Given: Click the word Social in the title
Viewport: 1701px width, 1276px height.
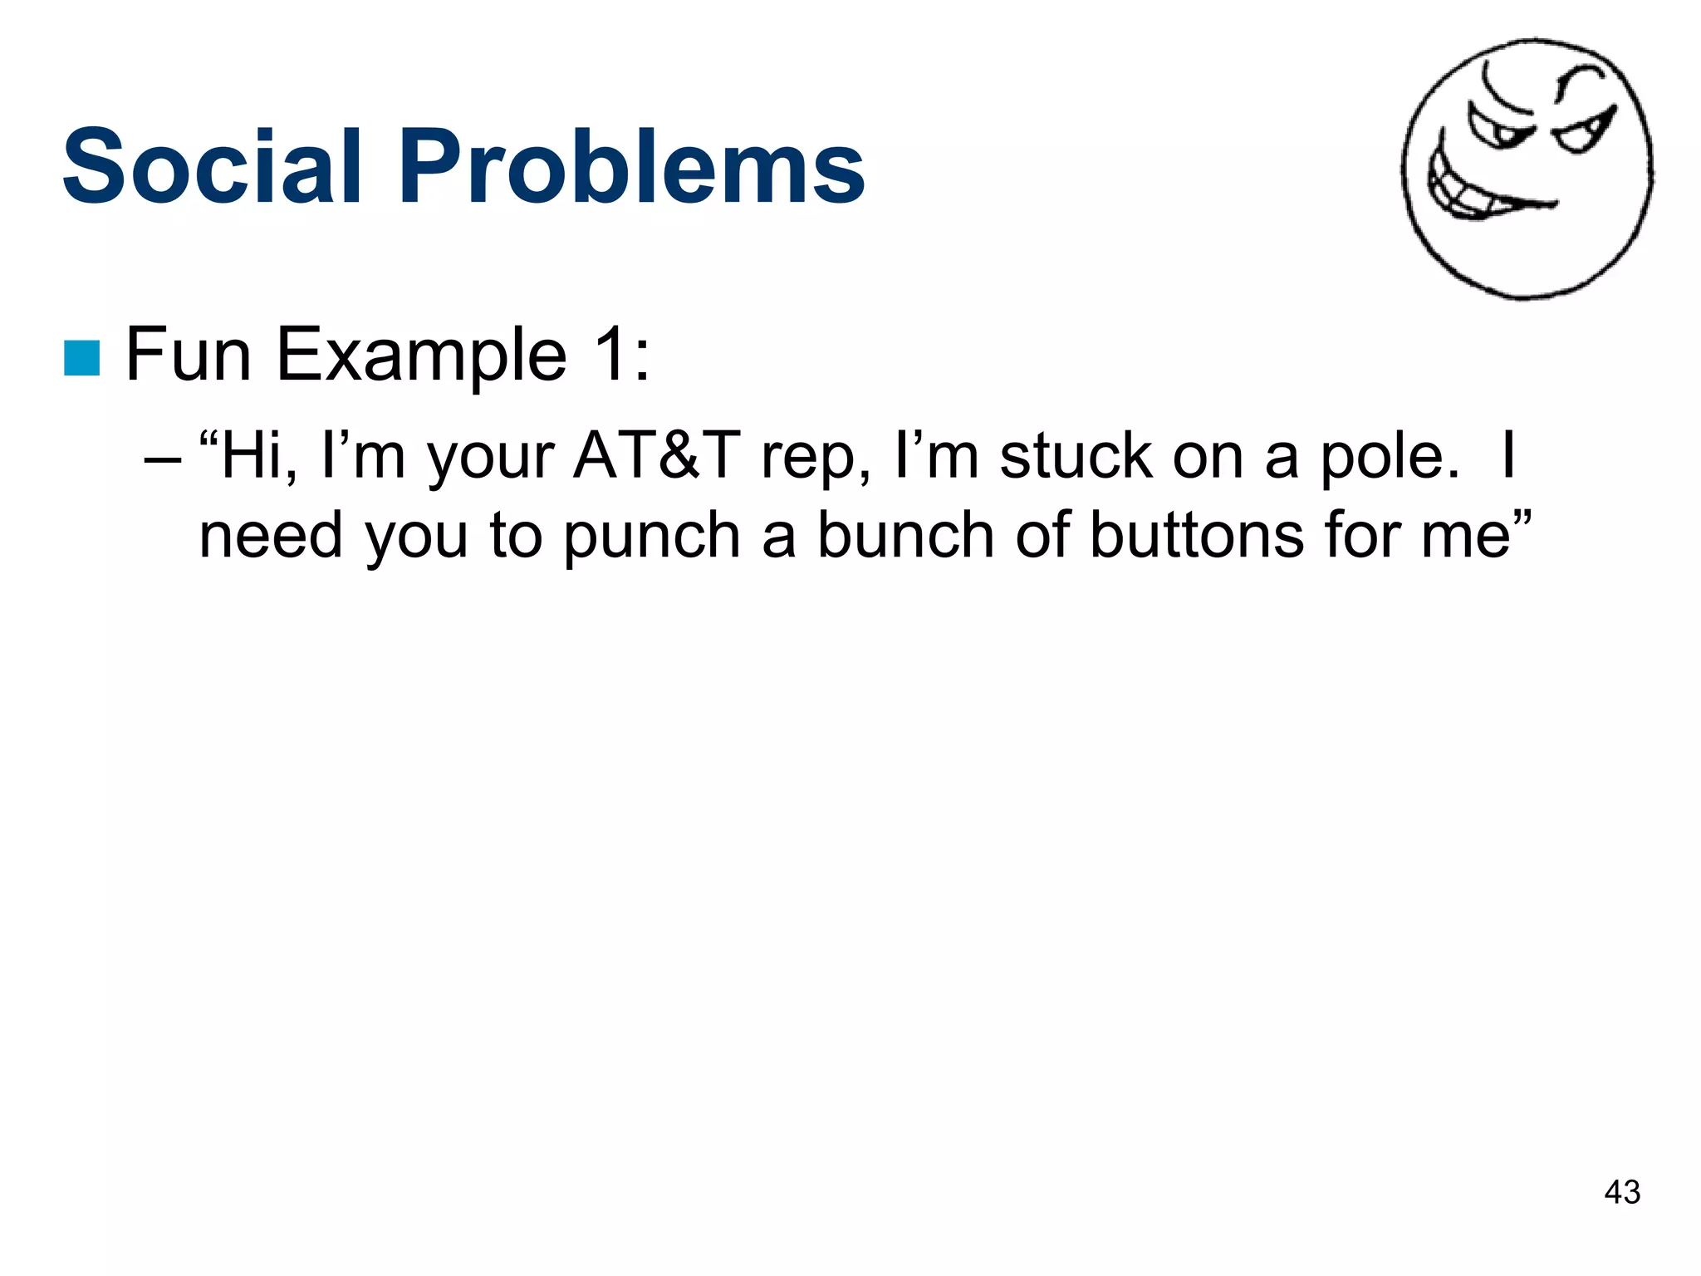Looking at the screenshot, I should click(213, 166).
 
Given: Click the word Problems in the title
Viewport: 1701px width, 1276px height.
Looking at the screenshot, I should click(631, 166).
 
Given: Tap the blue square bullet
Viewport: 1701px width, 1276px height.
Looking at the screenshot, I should click(82, 358).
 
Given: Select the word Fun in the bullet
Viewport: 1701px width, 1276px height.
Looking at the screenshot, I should click(188, 356).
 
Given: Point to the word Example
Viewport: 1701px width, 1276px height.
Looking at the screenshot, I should click(421, 356).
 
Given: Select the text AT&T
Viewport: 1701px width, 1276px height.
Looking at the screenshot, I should click(655, 457).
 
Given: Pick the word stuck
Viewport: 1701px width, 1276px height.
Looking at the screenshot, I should click(1075, 457).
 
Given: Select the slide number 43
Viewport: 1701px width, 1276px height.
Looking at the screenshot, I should click(1622, 1192).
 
